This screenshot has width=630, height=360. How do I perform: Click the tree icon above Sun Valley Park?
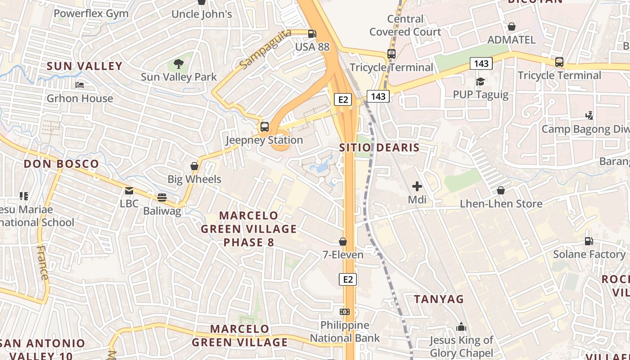click(178, 63)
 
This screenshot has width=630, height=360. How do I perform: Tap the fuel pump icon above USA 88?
click(312, 33)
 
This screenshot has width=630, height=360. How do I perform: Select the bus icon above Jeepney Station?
click(264, 126)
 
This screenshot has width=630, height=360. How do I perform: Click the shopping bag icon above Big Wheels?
click(194, 166)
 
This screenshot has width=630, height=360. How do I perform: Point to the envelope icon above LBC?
click(129, 191)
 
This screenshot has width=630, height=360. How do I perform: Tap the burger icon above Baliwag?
click(162, 197)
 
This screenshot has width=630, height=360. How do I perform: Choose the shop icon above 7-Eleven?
click(343, 242)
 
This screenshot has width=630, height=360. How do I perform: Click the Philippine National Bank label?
click(345, 332)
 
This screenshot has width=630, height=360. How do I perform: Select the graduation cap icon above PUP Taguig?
click(480, 81)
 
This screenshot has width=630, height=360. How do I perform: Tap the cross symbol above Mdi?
click(417, 186)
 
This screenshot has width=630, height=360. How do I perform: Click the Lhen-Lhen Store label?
click(501, 204)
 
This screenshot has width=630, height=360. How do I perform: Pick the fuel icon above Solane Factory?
click(589, 241)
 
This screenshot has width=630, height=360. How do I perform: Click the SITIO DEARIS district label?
click(379, 148)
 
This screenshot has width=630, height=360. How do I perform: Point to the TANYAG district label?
click(439, 299)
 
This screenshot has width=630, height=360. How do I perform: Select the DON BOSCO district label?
click(61, 164)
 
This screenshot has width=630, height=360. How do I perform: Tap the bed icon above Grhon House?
click(80, 85)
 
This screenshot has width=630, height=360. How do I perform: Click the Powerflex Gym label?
click(91, 13)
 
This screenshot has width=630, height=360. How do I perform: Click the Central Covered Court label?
click(405, 25)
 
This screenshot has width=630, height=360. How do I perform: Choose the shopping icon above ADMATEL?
click(512, 27)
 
